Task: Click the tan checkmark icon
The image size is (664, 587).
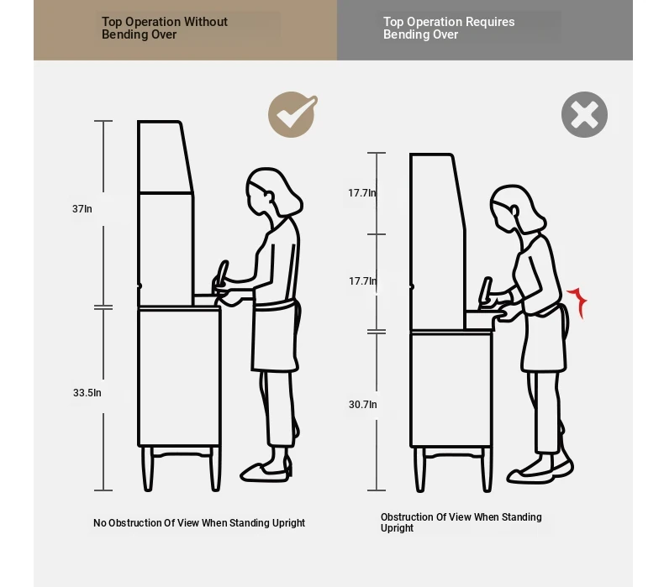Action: [292, 114]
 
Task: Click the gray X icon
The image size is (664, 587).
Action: [584, 115]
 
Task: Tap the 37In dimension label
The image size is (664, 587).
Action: [82, 209]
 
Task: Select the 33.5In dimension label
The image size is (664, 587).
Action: [87, 393]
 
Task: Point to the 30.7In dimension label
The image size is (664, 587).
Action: [362, 405]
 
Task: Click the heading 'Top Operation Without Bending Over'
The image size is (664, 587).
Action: [164, 28]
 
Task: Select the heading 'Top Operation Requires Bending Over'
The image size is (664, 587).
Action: [449, 28]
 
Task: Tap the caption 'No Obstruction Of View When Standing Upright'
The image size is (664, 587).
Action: [199, 523]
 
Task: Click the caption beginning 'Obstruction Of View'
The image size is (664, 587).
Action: [461, 522]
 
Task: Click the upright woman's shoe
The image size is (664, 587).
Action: [266, 472]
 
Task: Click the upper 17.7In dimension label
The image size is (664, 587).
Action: [362, 193]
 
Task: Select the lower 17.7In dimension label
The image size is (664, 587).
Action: [363, 281]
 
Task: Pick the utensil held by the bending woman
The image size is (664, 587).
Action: [486, 291]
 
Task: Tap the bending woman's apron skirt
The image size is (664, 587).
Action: [544, 341]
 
